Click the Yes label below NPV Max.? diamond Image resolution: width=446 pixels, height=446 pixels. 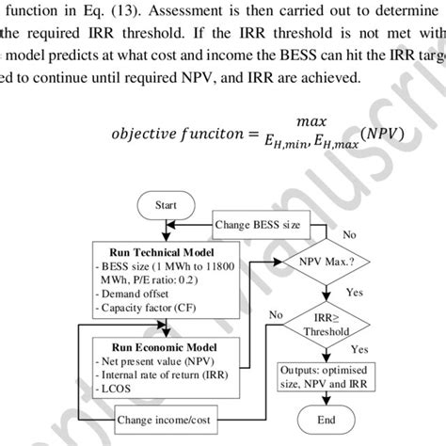[354, 293]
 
